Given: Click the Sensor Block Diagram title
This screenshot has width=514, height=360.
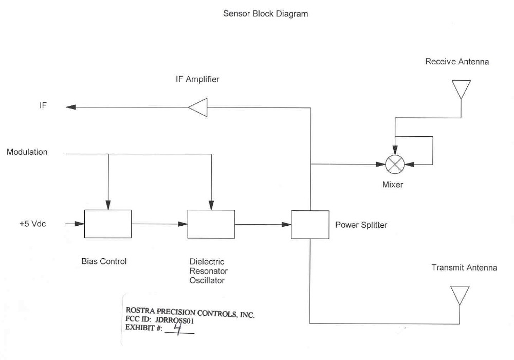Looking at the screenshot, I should click(265, 14).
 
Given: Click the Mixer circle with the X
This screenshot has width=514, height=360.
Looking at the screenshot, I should click(395, 165).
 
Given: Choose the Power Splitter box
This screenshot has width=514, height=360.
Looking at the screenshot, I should click(310, 225).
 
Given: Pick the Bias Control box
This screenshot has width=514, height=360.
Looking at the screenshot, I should click(108, 224).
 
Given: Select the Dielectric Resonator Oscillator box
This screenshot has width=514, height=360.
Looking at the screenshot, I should click(211, 224).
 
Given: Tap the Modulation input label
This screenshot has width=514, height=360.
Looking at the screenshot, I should click(27, 152).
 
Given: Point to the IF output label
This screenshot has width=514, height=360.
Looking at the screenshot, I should click(43, 106).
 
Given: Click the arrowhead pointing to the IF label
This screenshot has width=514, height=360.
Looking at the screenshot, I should click(71, 107).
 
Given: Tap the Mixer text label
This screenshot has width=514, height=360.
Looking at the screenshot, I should click(393, 185).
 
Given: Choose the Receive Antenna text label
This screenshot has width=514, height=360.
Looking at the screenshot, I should click(457, 62).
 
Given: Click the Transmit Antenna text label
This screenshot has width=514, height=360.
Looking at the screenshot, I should click(464, 268).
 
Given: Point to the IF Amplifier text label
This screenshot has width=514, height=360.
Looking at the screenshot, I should click(197, 80).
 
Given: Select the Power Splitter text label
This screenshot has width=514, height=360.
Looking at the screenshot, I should click(361, 225).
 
